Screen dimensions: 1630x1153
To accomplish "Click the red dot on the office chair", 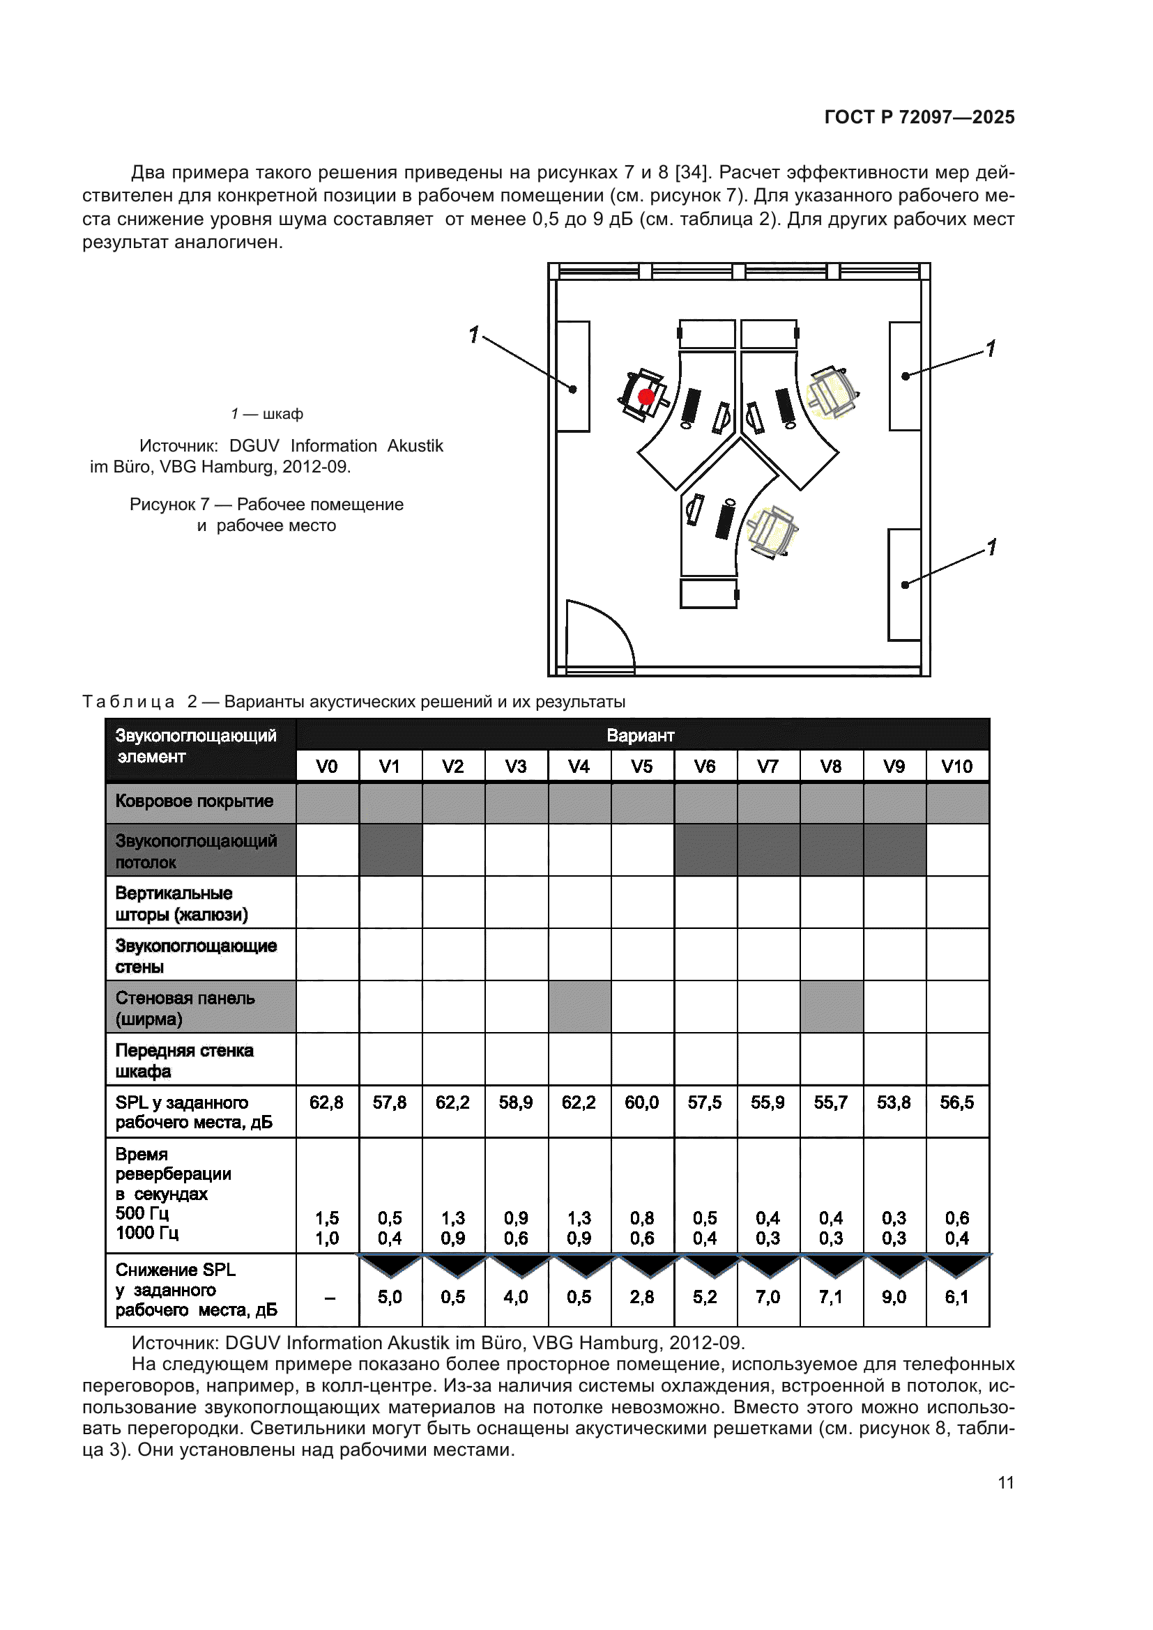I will tap(646, 397).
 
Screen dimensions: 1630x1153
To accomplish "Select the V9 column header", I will tap(894, 767).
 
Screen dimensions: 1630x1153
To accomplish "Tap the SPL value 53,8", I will tap(894, 1102).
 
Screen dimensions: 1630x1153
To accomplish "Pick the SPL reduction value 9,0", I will tap(894, 1297).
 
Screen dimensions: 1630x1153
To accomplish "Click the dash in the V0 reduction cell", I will tap(330, 1298).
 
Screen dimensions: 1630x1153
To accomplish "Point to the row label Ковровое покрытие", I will tap(194, 801).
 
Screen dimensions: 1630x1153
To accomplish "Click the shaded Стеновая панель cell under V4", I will tap(579, 1007).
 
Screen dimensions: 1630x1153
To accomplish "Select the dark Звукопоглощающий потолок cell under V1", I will tap(390, 849).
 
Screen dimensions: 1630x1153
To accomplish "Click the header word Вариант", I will tap(641, 735).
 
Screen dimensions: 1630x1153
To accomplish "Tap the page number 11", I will tap(1005, 1482).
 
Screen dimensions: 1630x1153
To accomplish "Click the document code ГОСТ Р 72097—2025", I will tap(919, 117).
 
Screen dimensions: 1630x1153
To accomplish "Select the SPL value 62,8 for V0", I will tap(326, 1102).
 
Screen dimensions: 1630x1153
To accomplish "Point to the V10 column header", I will tap(956, 767).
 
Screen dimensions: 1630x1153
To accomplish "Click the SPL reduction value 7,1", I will tap(831, 1297).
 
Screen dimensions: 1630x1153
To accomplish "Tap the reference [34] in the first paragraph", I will tap(689, 173).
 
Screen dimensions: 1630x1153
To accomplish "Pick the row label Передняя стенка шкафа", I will tap(184, 1060).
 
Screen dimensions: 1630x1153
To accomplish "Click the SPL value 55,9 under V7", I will tap(768, 1102).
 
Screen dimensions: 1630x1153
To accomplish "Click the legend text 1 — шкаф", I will tap(267, 414).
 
